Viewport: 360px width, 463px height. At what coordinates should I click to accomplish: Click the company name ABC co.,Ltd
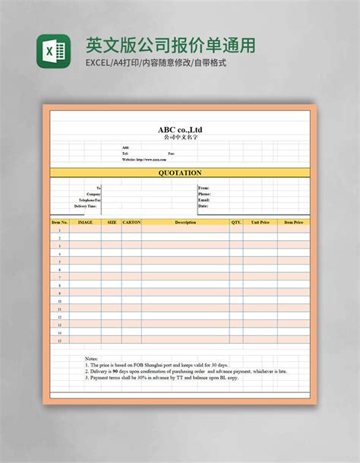click(180, 129)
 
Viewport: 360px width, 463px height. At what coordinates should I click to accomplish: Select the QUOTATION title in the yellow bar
click(180, 173)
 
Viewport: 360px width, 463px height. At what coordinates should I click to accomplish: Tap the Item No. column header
click(59, 223)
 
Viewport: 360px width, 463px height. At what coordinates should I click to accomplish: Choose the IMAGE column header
click(85, 223)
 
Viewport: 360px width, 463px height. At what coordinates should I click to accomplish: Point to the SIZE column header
click(112, 223)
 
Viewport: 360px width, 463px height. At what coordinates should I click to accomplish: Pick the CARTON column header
click(131, 223)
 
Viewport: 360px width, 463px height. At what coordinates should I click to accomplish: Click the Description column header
click(185, 223)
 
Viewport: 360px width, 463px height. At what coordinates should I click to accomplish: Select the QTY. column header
click(236, 223)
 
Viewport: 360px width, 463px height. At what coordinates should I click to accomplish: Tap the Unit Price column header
click(261, 223)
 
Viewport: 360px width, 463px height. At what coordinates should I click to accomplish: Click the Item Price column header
click(293, 223)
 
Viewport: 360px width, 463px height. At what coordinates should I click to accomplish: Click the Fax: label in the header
click(172, 154)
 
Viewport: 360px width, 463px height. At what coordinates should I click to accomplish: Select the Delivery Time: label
click(86, 206)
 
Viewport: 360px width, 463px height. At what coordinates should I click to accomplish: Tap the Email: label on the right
click(204, 200)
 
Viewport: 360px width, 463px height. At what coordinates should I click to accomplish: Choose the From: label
click(204, 187)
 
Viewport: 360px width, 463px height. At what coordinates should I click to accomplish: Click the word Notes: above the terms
click(92, 358)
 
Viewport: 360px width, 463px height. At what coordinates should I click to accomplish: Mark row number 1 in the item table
click(59, 230)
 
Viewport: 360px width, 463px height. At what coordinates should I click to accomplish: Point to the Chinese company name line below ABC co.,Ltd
click(180, 138)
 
